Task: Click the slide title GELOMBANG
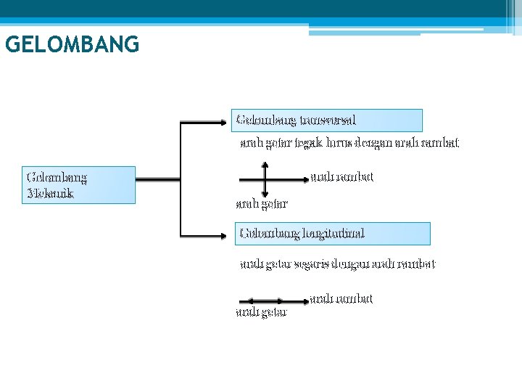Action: [72, 45]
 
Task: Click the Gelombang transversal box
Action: [326, 120]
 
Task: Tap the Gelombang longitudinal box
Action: [332, 233]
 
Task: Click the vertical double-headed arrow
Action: [265, 179]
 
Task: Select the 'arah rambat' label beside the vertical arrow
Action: [341, 176]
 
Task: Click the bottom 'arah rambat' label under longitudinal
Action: [341, 298]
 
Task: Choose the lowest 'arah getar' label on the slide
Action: [262, 312]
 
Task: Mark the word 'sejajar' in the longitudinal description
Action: [310, 264]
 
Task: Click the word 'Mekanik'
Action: [50, 194]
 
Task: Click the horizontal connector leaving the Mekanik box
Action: [157, 178]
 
